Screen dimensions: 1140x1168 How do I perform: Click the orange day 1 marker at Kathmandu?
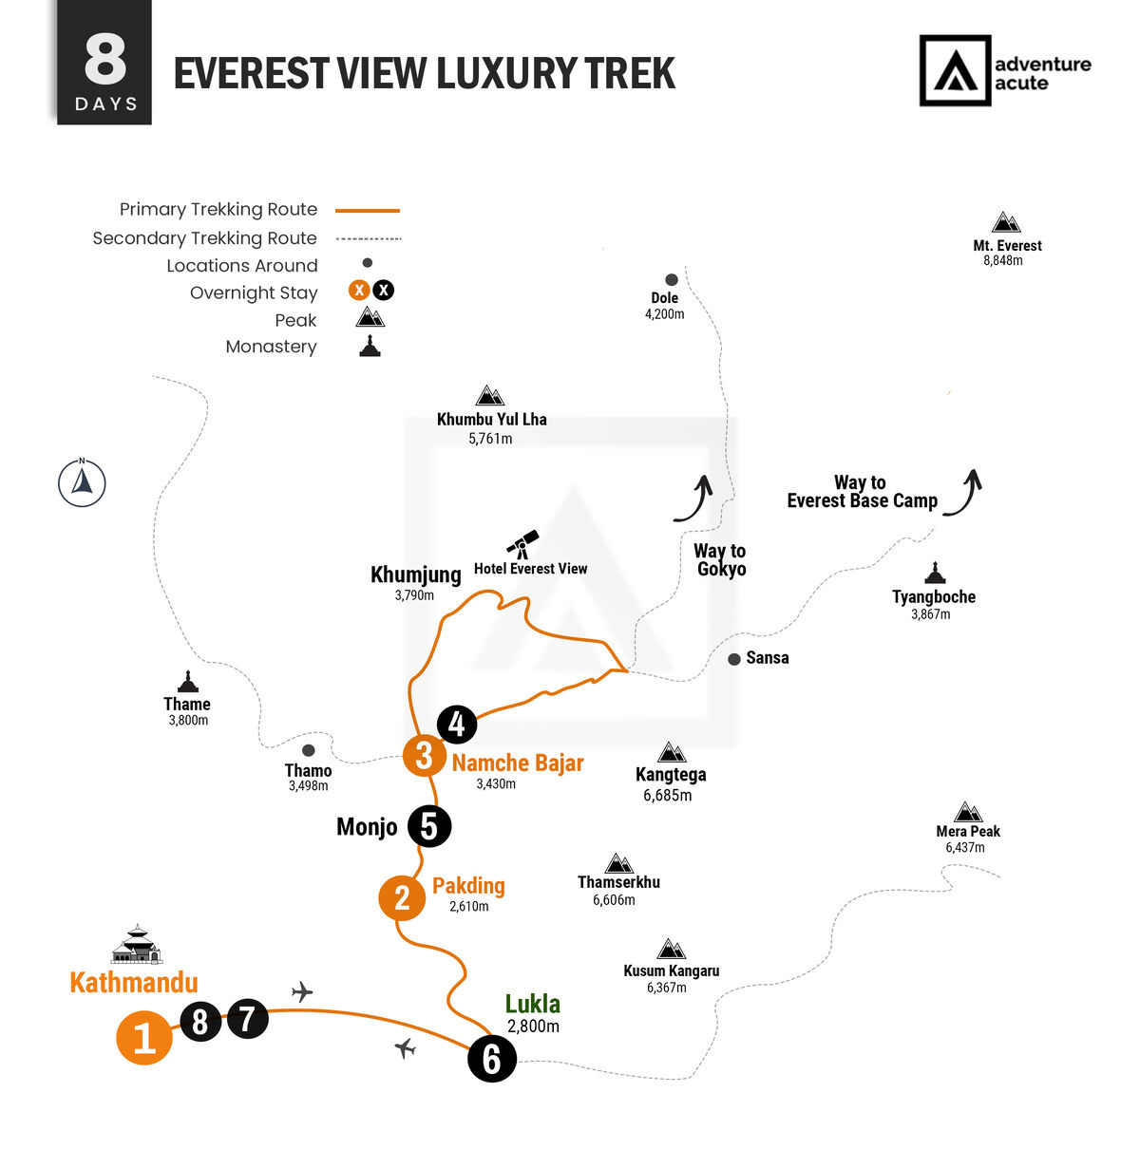pos(144,1038)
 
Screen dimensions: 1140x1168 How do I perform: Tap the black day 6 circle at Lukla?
pos(492,1059)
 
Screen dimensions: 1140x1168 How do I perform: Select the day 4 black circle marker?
pos(457,725)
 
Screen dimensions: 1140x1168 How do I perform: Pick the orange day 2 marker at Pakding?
pos(402,898)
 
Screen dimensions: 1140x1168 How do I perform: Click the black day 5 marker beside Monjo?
pos(429,826)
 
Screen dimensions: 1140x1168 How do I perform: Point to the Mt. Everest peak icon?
pos(1006,222)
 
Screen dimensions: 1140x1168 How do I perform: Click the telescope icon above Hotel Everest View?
pos(522,544)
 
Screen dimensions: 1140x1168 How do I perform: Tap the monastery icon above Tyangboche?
pos(935,573)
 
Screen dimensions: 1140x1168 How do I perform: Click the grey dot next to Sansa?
pos(733,659)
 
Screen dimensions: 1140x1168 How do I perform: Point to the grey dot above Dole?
pos(672,280)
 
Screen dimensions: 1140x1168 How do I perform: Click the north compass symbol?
pos(82,482)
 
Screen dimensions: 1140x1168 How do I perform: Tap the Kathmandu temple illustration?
pos(137,944)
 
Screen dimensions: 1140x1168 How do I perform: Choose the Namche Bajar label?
pos(518,763)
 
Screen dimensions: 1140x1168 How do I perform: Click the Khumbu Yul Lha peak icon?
pos(490,396)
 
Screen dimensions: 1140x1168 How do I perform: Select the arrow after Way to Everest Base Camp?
pos(963,492)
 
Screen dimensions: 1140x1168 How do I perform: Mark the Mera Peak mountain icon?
pos(968,812)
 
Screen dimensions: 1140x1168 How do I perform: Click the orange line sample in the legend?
pos(368,211)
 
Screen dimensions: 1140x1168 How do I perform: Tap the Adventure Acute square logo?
pos(955,70)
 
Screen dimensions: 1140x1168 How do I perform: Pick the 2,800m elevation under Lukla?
pos(533,1026)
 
